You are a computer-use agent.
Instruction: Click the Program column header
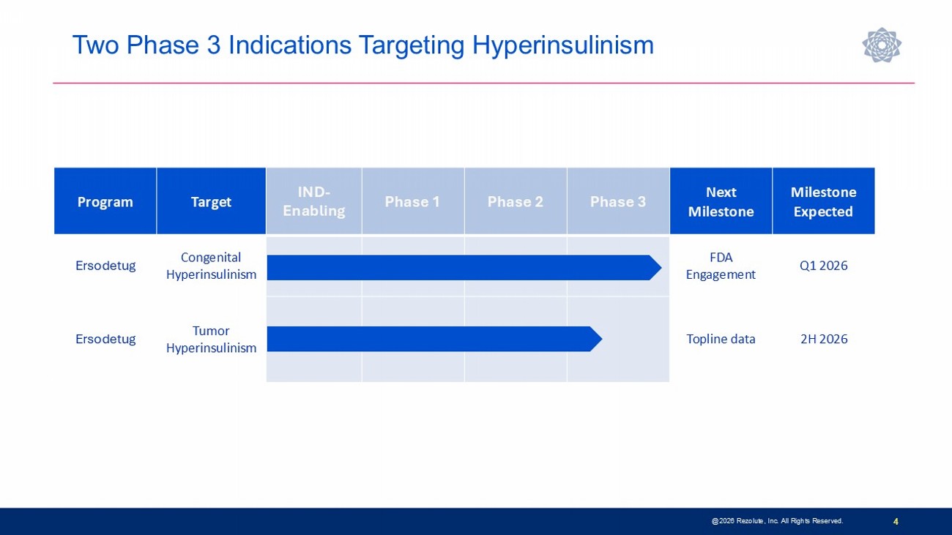(105, 201)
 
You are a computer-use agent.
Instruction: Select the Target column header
(211, 201)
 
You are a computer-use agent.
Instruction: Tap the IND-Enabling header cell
(314, 201)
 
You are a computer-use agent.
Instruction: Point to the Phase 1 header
(413, 201)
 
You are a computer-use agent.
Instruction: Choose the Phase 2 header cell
(516, 201)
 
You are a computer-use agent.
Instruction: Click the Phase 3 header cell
(618, 201)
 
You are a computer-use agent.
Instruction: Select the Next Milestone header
(721, 201)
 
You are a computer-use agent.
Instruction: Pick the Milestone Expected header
(824, 201)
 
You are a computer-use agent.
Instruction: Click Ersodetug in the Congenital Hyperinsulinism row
(105, 266)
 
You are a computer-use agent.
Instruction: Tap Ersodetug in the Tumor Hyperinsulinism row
(105, 339)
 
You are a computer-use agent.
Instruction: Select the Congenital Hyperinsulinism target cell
(211, 266)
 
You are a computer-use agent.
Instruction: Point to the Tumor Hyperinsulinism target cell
(211, 339)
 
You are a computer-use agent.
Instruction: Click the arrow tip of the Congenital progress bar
(661, 268)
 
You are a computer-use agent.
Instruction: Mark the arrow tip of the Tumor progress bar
(602, 339)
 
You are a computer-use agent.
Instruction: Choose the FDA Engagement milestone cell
(721, 266)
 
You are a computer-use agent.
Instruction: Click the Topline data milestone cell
(721, 339)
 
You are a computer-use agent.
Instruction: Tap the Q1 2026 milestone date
(824, 266)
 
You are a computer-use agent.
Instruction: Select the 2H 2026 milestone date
(824, 339)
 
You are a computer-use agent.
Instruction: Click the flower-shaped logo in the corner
(882, 45)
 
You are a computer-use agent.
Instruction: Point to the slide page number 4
(896, 521)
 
